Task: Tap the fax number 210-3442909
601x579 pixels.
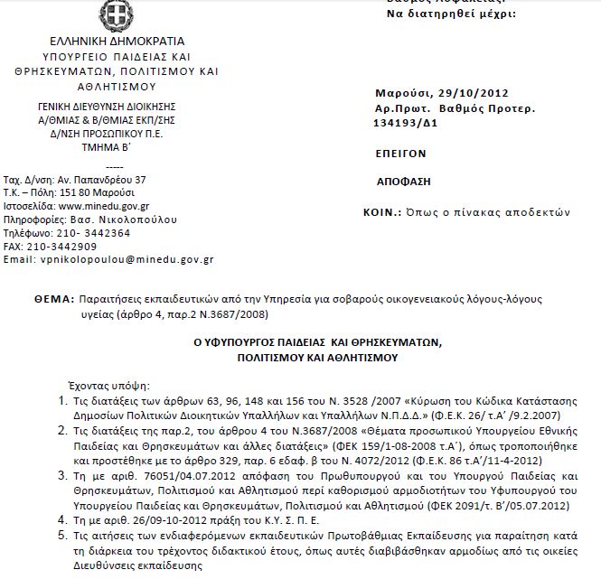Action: point(63,246)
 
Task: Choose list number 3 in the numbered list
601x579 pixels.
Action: point(62,472)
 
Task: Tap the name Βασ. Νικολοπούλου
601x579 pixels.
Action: point(132,219)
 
